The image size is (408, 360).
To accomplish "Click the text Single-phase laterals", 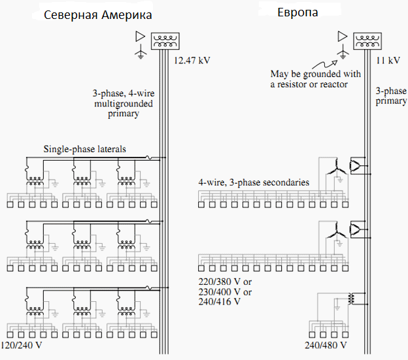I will click(84, 149).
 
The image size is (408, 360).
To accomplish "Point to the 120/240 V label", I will click(24, 344).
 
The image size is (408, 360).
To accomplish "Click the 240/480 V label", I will click(325, 344).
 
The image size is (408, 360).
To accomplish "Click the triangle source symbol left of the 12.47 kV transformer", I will click(139, 37).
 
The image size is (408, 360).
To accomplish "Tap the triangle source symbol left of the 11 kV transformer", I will click(341, 37).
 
